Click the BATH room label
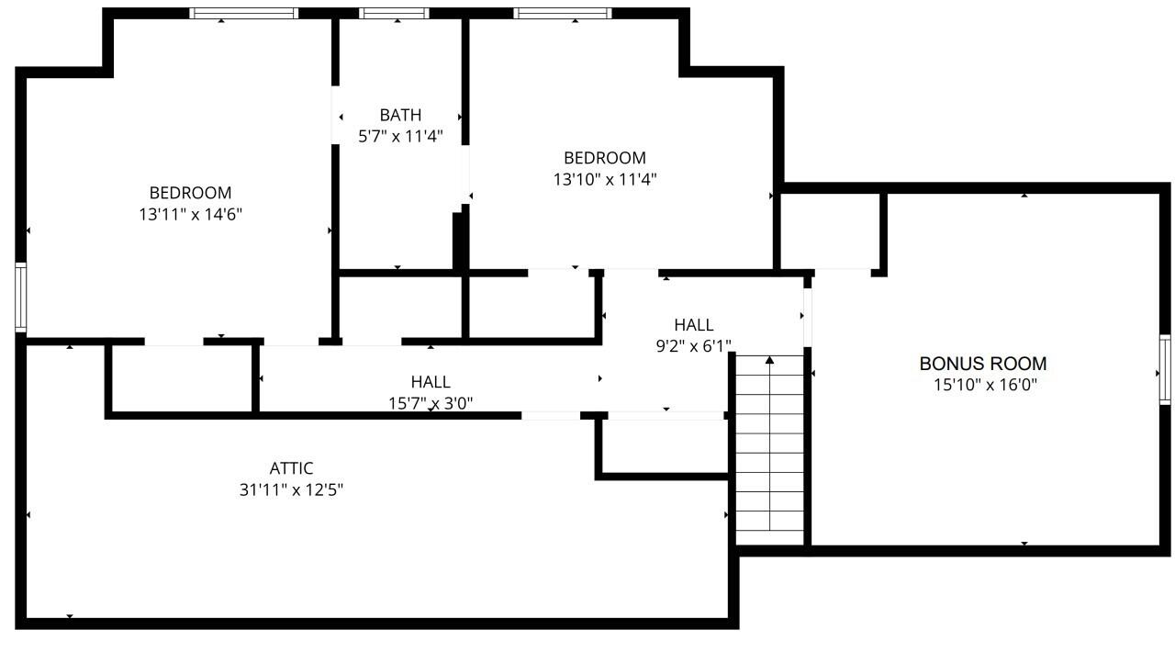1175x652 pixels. [x=400, y=116]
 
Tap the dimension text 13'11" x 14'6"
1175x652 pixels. [x=190, y=214]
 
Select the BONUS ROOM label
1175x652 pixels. [x=983, y=364]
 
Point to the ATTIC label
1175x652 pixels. [x=291, y=469]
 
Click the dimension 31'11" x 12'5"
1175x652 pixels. [x=291, y=490]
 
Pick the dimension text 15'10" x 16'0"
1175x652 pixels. [x=983, y=386]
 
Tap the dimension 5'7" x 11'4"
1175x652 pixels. [x=400, y=137]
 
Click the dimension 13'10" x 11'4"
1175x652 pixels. [x=604, y=179]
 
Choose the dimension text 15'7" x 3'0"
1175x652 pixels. [x=431, y=402]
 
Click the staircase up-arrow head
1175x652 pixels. [x=769, y=360]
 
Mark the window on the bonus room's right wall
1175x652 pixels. [x=1165, y=370]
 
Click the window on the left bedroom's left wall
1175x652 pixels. [x=20, y=297]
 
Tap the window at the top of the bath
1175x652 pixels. [x=393, y=14]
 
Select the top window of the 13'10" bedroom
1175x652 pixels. [x=562, y=14]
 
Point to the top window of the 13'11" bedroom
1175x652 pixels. [x=244, y=14]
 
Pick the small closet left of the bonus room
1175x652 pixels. [x=830, y=231]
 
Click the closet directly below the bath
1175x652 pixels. [x=400, y=308]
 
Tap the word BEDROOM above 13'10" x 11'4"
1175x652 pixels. [x=604, y=158]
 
